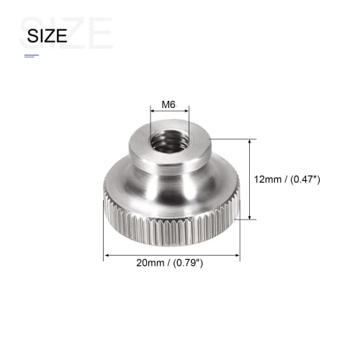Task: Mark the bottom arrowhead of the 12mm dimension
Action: tap(250, 217)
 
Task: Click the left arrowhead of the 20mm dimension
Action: tap(107, 254)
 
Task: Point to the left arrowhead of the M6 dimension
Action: tap(153, 112)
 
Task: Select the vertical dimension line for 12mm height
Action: tap(250, 179)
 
